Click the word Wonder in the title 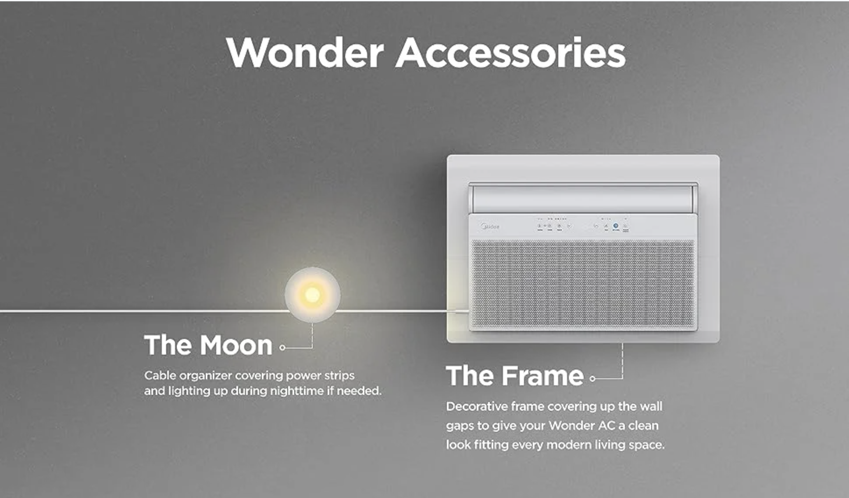305,53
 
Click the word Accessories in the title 510,53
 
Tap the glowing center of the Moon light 312,295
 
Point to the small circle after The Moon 282,348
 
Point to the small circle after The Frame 592,379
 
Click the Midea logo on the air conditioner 490,227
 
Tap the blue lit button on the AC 616,226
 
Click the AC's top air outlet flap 583,198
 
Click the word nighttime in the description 296,391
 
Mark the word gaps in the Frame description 460,426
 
